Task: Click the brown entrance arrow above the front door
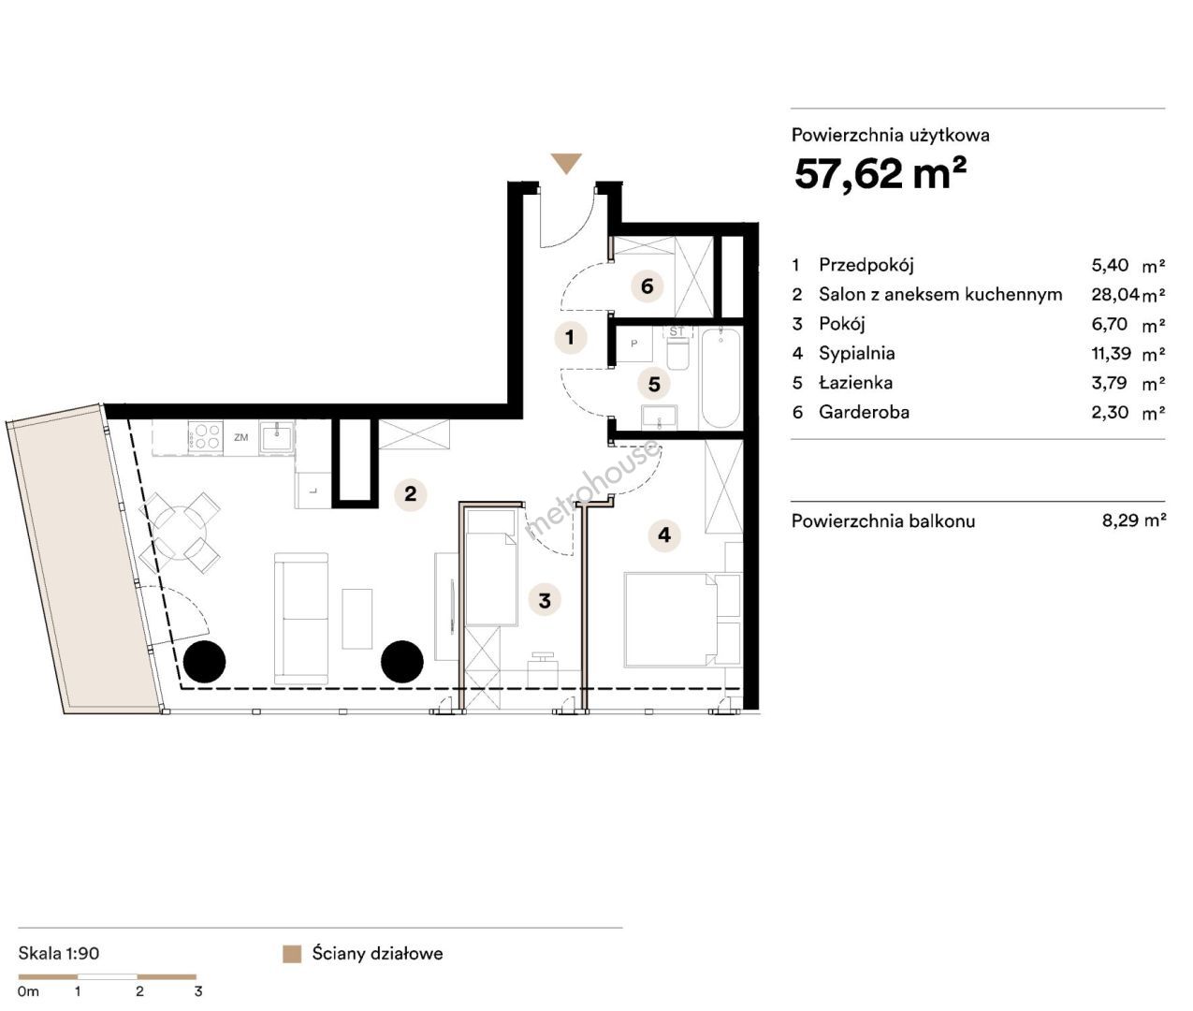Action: (x=565, y=163)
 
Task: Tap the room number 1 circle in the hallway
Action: (x=570, y=337)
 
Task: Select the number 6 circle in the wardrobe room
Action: (x=647, y=286)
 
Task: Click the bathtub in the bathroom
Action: (x=720, y=377)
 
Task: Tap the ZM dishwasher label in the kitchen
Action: (x=240, y=437)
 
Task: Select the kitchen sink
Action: (x=276, y=436)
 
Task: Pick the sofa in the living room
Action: (x=300, y=619)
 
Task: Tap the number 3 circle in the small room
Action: (x=545, y=600)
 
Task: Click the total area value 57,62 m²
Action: (x=880, y=173)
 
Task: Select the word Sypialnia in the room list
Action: (x=856, y=353)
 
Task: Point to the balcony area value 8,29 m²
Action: (x=1133, y=520)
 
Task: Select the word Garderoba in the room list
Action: (x=864, y=412)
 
